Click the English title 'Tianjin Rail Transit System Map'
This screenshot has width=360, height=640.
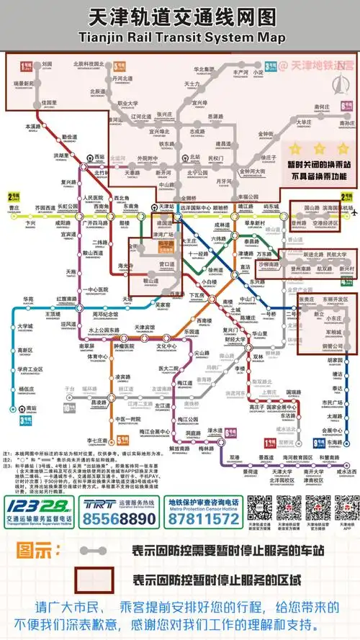tap(180, 36)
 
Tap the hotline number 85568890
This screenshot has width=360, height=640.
tap(120, 518)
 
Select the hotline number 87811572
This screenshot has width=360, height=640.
tap(204, 518)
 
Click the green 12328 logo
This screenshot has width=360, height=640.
tap(39, 506)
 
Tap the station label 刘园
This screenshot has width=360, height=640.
tap(48, 64)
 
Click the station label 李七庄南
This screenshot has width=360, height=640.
tap(97, 440)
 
